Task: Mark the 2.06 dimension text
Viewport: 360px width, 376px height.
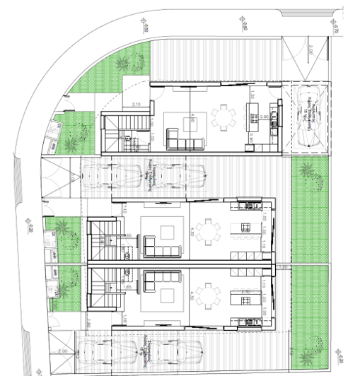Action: point(310,52)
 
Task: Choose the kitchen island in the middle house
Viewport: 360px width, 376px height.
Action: point(245,227)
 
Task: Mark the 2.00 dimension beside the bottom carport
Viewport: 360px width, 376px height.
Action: point(63,351)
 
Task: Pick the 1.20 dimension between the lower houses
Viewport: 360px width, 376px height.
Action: point(281,266)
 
